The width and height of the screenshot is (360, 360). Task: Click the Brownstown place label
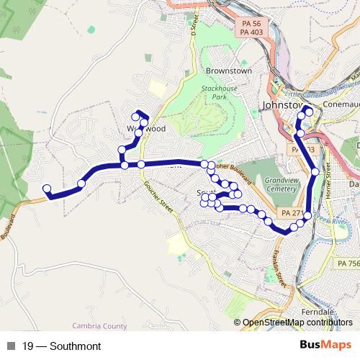tap(228, 71)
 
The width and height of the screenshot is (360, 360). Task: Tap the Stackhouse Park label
tap(213, 91)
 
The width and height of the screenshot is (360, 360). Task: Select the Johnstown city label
tap(281, 104)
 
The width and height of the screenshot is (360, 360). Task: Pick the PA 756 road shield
tap(348, 265)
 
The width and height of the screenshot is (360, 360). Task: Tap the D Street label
tap(194, 24)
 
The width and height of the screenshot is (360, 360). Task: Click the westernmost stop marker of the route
tap(47, 189)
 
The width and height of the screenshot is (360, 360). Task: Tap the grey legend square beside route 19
tap(12, 346)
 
